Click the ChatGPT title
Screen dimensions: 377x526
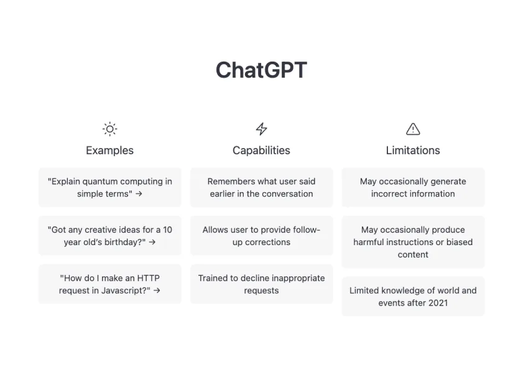point(261,70)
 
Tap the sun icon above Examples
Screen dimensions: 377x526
point(109,129)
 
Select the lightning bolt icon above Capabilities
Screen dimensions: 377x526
point(261,129)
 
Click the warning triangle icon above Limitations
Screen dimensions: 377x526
point(413,129)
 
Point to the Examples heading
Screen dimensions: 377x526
point(109,151)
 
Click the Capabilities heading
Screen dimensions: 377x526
point(261,151)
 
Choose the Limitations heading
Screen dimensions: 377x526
point(413,151)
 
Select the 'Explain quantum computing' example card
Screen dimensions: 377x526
point(109,187)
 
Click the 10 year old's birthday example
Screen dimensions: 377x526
point(109,236)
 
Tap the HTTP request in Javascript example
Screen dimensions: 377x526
point(109,284)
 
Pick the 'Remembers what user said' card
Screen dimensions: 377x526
point(261,187)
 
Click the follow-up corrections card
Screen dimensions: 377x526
point(261,236)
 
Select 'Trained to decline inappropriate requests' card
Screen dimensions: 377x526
point(261,284)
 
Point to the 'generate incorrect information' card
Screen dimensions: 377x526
point(413,187)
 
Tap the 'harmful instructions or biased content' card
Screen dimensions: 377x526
point(413,242)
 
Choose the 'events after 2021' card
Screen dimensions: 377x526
point(413,297)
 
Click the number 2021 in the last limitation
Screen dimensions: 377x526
point(437,303)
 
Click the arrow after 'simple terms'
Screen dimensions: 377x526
point(139,194)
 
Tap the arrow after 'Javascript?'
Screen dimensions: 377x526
point(157,291)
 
